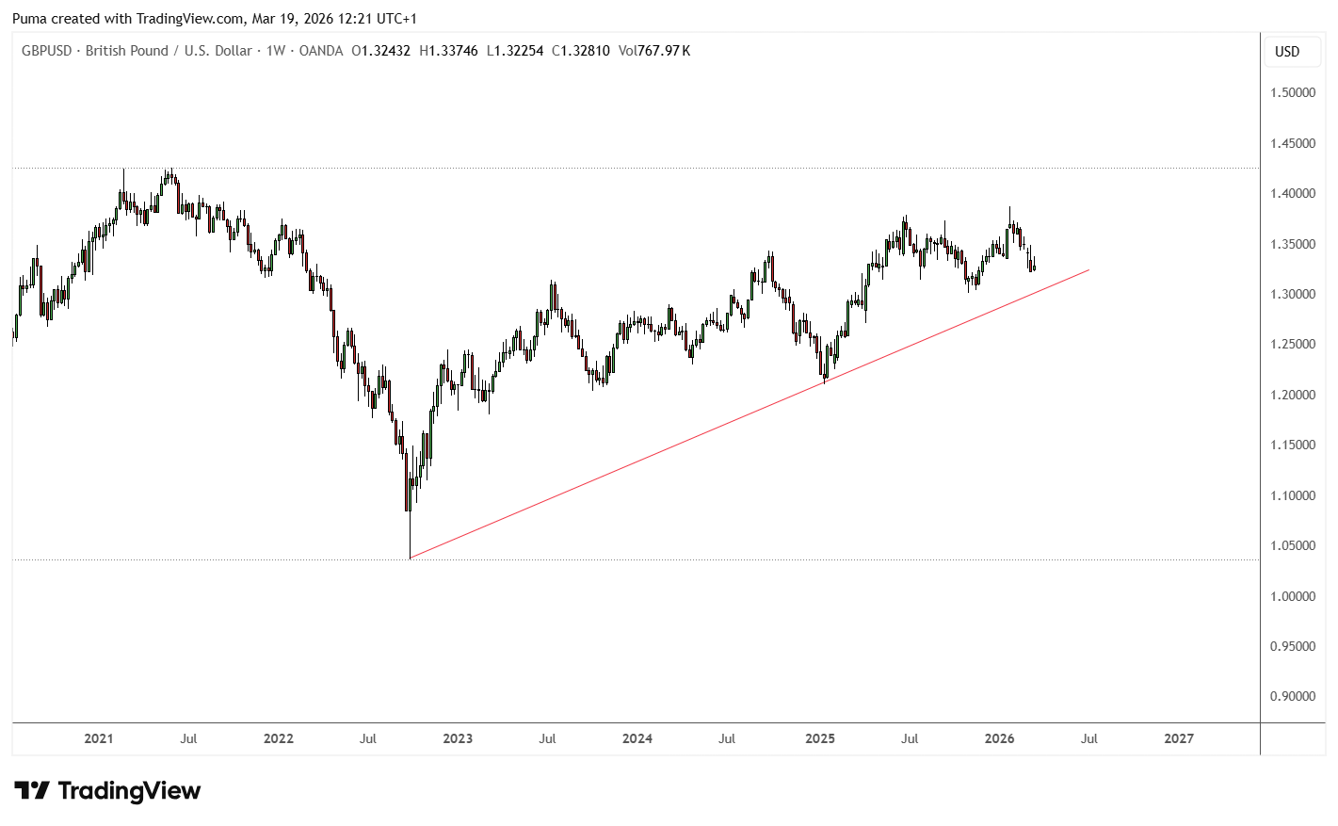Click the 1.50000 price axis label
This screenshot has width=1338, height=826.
(1293, 92)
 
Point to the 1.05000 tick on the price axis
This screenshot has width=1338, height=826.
(1293, 545)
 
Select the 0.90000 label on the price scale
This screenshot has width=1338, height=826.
(1293, 696)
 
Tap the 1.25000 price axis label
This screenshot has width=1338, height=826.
(1293, 344)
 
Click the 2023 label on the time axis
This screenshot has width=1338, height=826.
(458, 738)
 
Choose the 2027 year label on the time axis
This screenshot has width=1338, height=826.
(1178, 738)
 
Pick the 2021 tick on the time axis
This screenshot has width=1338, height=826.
(98, 738)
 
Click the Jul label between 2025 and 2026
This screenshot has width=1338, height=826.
(909, 738)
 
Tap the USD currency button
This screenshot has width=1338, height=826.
(1286, 52)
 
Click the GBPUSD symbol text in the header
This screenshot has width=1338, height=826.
(46, 51)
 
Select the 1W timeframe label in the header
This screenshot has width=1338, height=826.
(275, 51)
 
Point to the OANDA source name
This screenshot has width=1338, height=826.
(321, 51)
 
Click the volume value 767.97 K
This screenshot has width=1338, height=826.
(664, 51)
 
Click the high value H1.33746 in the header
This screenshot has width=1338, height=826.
(448, 51)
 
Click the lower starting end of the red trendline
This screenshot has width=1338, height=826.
(411, 559)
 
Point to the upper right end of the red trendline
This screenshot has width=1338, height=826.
(1088, 270)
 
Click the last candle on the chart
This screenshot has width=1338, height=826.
(1034, 267)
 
